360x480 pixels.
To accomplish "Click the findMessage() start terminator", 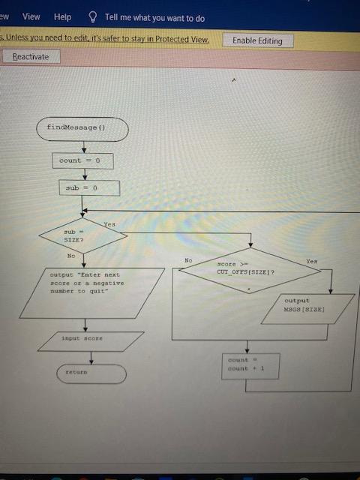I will tap(82, 128).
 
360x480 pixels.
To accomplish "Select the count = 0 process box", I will tap(85, 160).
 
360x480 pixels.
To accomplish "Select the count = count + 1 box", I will tap(250, 365).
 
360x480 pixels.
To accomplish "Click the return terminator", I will tap(91, 373).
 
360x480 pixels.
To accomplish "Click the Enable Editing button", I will tap(257, 40).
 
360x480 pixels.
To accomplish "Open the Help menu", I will tap(63, 16).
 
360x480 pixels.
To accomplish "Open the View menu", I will tap(31, 16).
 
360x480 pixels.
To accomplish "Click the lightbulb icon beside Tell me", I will tap(93, 16).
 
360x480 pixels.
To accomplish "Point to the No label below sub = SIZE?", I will tap(71, 256).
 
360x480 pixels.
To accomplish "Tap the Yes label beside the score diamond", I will tap(311, 260).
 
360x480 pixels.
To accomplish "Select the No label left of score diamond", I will tap(188, 260).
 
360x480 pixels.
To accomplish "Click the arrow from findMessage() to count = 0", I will tap(85, 147).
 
